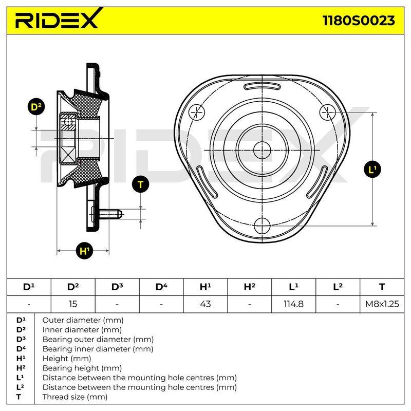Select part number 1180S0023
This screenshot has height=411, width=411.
click(x=358, y=21)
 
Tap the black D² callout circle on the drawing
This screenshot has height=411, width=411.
click(x=36, y=107)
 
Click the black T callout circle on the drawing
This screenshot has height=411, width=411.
click(x=140, y=184)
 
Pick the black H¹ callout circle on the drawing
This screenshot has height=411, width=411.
click(x=84, y=251)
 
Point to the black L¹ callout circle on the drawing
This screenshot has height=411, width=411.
click(x=372, y=170)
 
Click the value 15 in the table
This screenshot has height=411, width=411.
click(x=73, y=304)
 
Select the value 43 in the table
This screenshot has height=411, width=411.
click(x=205, y=304)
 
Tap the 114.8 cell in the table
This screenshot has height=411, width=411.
click(x=293, y=304)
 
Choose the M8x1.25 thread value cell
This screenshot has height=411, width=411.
click(x=382, y=304)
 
